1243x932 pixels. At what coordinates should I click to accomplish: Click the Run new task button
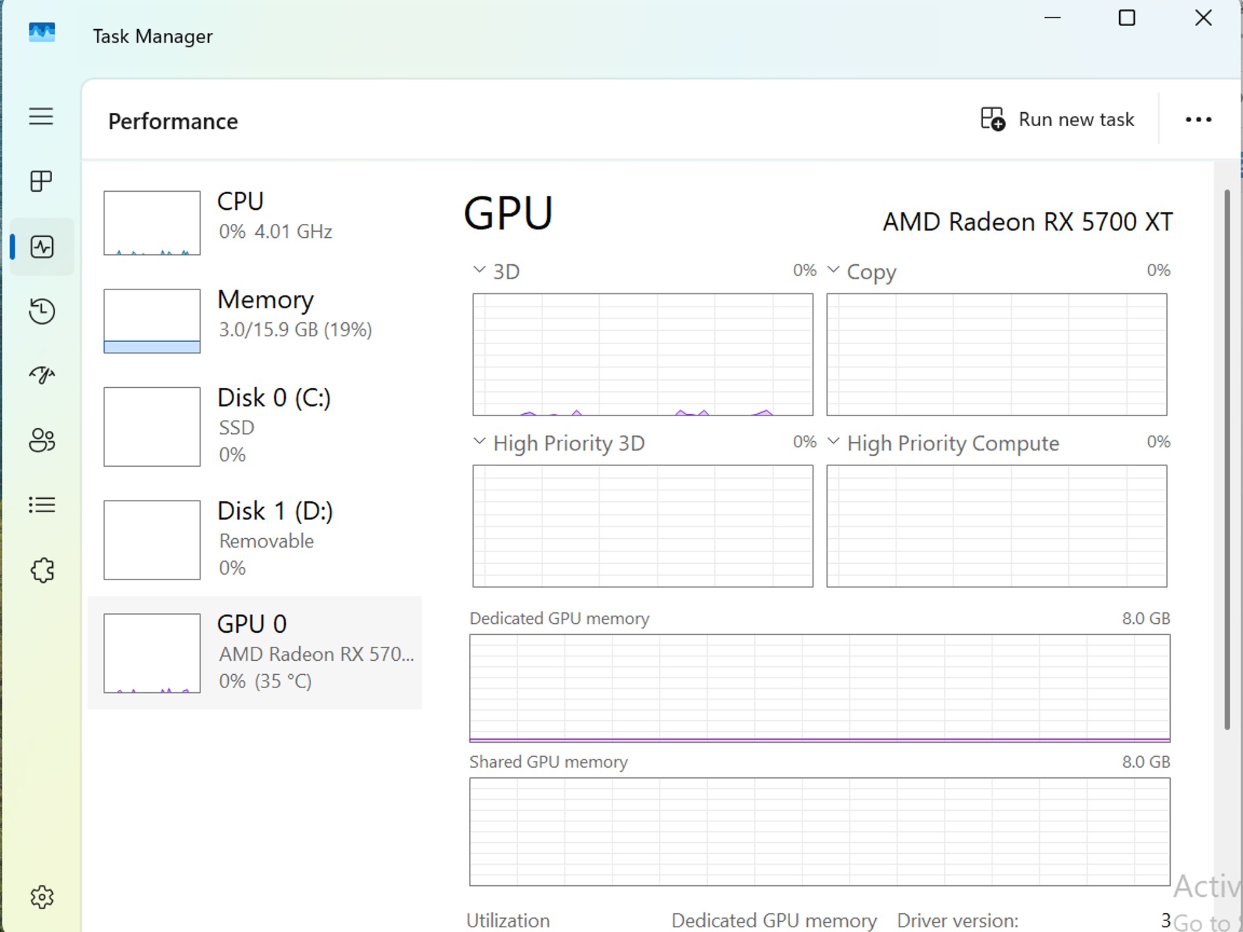(1057, 119)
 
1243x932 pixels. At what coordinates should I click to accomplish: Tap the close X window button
(1203, 18)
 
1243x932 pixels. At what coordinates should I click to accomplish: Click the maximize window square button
(1126, 18)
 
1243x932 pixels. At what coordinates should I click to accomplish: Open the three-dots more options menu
(1198, 120)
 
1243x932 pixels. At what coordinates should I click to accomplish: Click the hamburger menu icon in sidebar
(41, 116)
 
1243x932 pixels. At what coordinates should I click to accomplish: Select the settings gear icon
(42, 896)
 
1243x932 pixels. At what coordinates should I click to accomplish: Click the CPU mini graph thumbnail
(152, 223)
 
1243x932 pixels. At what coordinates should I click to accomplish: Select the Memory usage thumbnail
(152, 321)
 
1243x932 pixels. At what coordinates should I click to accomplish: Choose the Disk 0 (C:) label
(274, 398)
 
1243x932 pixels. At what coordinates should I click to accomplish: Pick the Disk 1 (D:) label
(275, 511)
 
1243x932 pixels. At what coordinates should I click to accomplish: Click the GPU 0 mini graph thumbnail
(152, 653)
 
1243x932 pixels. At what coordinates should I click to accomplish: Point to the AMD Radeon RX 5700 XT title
(1028, 221)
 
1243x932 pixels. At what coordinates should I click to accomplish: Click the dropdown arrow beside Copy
(833, 269)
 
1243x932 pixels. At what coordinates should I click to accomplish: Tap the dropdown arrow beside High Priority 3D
(479, 441)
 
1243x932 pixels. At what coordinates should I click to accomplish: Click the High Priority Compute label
(953, 444)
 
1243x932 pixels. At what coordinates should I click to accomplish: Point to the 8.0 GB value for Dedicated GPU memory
(1146, 618)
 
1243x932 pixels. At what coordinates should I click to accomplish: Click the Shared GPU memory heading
(549, 762)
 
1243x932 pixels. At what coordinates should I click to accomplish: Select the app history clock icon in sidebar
(42, 311)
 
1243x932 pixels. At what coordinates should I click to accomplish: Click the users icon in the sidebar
(42, 441)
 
